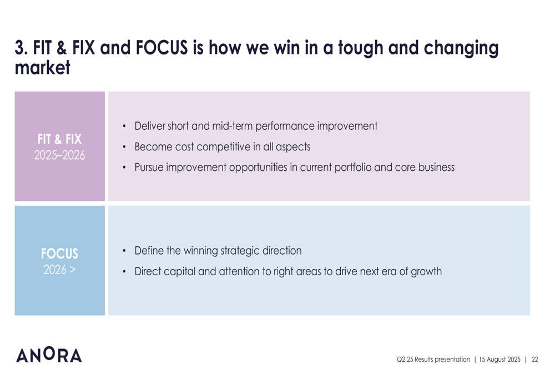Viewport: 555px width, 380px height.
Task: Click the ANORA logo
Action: (49, 354)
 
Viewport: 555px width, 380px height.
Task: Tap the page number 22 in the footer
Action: (535, 359)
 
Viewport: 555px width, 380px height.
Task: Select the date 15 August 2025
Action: (500, 359)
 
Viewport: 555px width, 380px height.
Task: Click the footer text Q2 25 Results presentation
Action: (433, 359)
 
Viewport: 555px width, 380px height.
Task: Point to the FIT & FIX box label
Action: (59, 139)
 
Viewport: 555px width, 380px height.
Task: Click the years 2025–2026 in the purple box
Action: (59, 155)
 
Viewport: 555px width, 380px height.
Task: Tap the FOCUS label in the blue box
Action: (59, 254)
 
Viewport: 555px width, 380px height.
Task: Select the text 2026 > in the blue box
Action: (59, 270)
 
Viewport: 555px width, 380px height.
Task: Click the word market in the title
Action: (43, 67)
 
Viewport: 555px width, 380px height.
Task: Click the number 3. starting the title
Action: (21, 48)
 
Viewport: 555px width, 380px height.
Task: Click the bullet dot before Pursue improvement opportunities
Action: (124, 168)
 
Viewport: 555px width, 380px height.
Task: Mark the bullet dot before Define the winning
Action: (124, 251)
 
